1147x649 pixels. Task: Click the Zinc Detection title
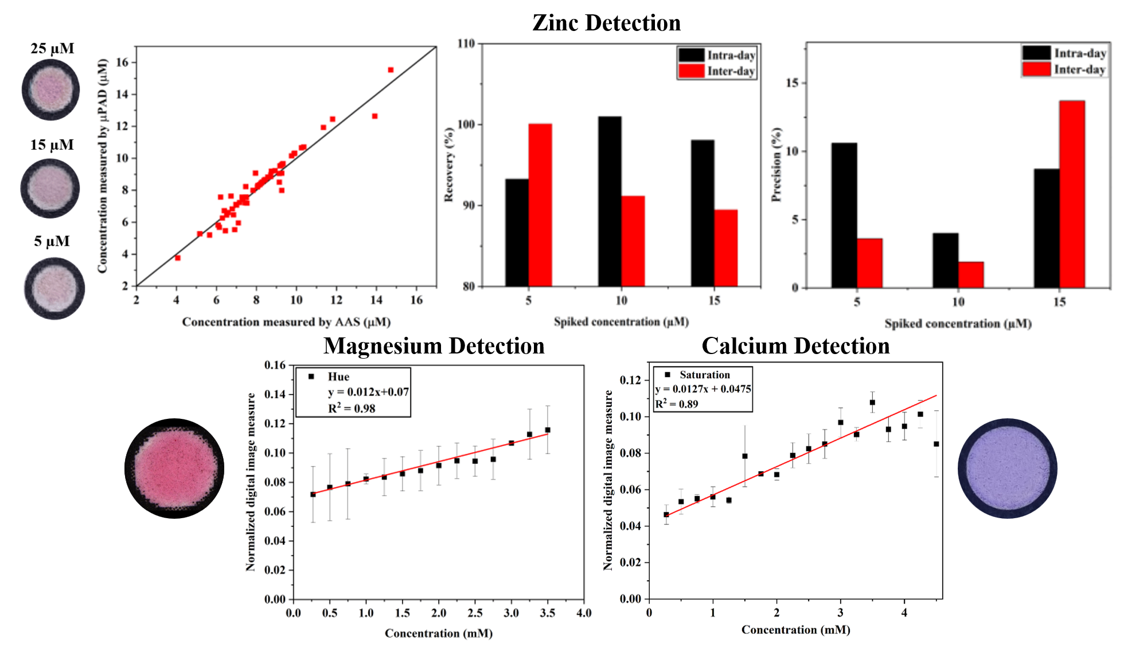pyautogui.click(x=606, y=23)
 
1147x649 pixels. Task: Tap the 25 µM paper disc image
pyautogui.click(x=51, y=90)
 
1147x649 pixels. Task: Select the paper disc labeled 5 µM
pyautogui.click(x=54, y=288)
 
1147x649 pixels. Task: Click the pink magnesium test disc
pyautogui.click(x=174, y=468)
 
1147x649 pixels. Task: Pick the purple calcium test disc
pyautogui.click(x=1007, y=468)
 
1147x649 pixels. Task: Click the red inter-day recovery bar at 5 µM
pyautogui.click(x=540, y=205)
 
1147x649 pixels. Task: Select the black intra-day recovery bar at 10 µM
pyautogui.click(x=610, y=201)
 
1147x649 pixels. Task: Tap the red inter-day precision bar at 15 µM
pyautogui.click(x=1072, y=194)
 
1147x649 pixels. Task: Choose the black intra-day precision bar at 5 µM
pyautogui.click(x=844, y=215)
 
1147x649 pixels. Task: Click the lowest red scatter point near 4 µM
pyautogui.click(x=178, y=258)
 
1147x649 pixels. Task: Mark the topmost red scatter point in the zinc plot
pyautogui.click(x=391, y=70)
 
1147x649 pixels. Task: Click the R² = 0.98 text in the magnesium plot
pyautogui.click(x=352, y=409)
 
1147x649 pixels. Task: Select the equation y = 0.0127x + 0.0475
pyautogui.click(x=703, y=389)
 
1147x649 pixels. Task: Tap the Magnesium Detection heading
pyautogui.click(x=434, y=346)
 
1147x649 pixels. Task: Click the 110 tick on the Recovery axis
pyautogui.click(x=466, y=44)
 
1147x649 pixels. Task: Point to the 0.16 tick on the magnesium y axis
pyautogui.click(x=275, y=366)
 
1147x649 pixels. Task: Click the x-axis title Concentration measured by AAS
pyautogui.click(x=286, y=322)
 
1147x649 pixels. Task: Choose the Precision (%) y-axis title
pyautogui.click(x=777, y=165)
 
